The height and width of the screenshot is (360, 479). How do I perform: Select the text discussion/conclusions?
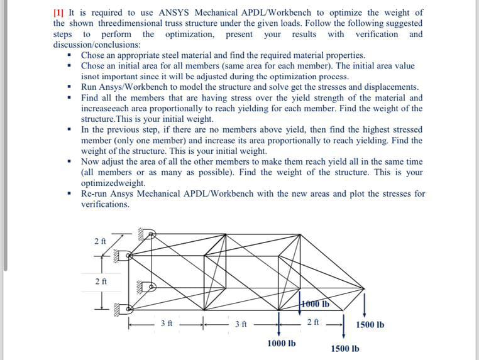(97, 45)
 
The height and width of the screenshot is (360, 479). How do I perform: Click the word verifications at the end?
(105, 204)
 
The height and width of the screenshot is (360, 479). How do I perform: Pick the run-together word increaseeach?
(107, 109)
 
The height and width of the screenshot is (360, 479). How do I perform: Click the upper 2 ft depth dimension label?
(99, 241)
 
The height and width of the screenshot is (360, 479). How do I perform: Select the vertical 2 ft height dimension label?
(99, 281)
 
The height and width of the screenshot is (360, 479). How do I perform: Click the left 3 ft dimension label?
(166, 324)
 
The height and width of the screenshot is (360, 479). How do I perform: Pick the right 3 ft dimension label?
(241, 324)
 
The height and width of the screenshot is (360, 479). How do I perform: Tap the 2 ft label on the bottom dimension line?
(313, 322)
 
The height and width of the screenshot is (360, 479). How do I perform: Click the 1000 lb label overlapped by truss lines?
(316, 305)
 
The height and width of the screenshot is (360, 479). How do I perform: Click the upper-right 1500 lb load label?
(370, 325)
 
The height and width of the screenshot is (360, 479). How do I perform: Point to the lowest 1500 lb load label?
(345, 348)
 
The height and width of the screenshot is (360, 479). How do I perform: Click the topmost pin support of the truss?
(150, 235)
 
